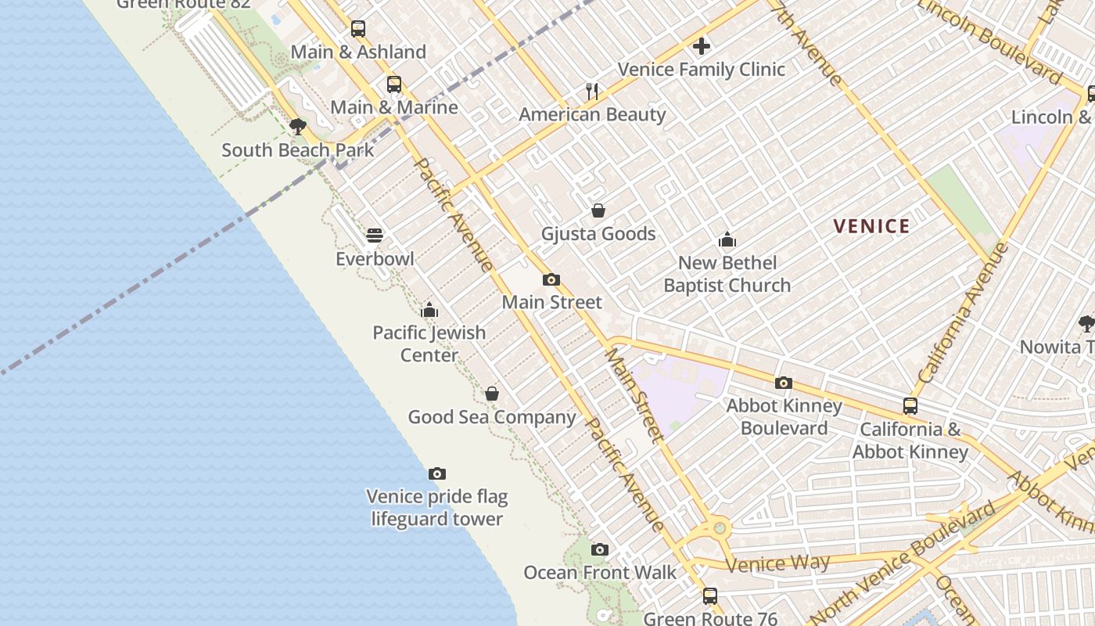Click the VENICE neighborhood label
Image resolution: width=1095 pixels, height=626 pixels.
(x=871, y=227)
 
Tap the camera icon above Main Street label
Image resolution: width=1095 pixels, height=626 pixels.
(x=551, y=279)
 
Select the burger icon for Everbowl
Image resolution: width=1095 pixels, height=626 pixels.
(x=375, y=236)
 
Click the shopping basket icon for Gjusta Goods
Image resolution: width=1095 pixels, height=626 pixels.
(x=598, y=210)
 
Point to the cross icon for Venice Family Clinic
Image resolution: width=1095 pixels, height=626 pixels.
(x=702, y=46)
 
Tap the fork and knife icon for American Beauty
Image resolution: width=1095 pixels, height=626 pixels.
(x=592, y=92)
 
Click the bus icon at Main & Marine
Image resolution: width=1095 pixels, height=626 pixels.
(x=394, y=85)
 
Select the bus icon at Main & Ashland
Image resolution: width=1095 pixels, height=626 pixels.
(x=358, y=29)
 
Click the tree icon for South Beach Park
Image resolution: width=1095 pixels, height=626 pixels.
(x=297, y=127)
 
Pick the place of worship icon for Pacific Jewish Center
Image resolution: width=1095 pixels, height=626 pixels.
(x=429, y=310)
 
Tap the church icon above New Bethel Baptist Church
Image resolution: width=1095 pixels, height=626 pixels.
(x=727, y=239)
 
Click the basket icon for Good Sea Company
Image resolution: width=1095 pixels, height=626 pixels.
(x=492, y=394)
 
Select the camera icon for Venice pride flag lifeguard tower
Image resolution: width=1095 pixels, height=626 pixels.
(x=437, y=473)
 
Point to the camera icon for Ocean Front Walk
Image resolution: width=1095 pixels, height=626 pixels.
(x=600, y=549)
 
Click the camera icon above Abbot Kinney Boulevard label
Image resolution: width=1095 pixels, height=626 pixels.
(x=784, y=383)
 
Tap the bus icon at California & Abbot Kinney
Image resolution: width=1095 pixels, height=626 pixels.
(x=910, y=406)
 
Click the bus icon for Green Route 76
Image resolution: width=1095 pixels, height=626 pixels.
(x=710, y=596)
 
